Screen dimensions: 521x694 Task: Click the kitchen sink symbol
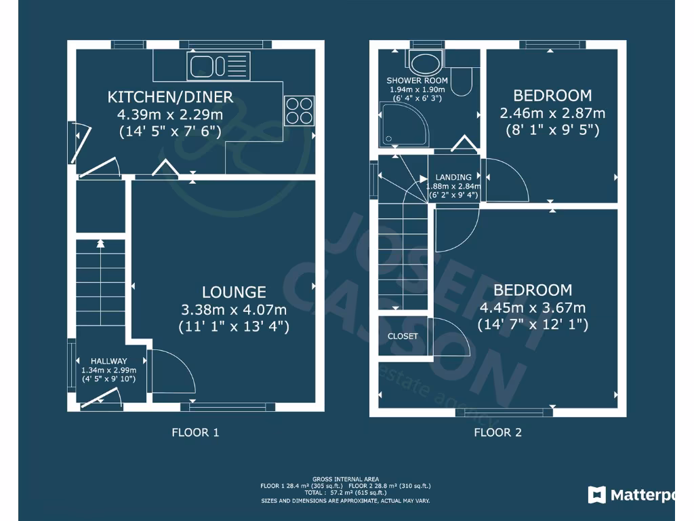pos(219,66)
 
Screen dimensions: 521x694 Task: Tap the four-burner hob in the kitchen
pos(300,110)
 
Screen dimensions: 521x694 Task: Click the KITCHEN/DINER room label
pos(170,97)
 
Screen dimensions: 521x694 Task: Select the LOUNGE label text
pos(234,292)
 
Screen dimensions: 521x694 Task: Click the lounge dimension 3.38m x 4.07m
pos(234,310)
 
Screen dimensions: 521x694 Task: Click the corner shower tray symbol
pos(405,124)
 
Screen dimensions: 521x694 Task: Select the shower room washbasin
pos(425,63)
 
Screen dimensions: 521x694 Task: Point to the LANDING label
pos(453,177)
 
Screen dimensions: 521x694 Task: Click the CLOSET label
pos(403,336)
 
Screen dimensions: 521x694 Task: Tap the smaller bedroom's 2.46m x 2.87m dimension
pos(552,113)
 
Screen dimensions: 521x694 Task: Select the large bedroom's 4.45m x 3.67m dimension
pos(532,308)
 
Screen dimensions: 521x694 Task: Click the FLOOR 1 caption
pos(195,432)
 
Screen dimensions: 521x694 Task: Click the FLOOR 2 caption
pos(497,432)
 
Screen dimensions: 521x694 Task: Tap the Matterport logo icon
pos(596,495)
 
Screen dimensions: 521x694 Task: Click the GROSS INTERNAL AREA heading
pos(346,479)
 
